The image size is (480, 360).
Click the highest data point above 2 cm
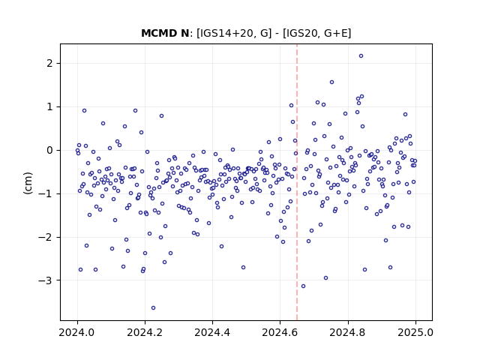tap(361, 56)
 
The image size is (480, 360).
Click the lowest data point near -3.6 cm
tap(153, 308)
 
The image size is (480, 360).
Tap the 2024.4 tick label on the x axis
tap(212, 332)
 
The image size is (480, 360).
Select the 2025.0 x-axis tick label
tap(415, 332)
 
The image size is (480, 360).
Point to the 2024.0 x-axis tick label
tap(77, 332)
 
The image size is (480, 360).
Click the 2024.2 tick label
tap(145, 332)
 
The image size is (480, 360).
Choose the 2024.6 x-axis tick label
tap(280, 332)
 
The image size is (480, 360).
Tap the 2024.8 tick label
tap(348, 332)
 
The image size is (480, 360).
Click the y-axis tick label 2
tap(50, 63)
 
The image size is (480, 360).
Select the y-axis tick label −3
tap(45, 280)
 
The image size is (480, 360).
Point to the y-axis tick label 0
tap(50, 150)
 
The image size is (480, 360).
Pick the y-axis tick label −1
tap(45, 193)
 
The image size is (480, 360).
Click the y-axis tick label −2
tap(45, 237)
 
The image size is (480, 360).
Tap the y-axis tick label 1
tap(50, 106)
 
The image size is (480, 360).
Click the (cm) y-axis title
tap(28, 183)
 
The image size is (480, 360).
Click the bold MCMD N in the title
tap(165, 33)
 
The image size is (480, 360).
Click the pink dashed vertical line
tap(297, 182)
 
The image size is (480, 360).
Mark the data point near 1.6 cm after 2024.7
tap(331, 82)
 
